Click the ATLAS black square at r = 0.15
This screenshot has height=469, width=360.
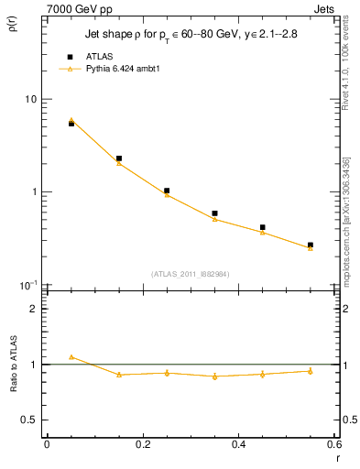tap(119, 158)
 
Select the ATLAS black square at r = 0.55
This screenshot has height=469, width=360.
tap(311, 245)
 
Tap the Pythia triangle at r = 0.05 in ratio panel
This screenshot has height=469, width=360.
tap(71, 357)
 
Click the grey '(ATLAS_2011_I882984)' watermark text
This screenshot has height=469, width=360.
tap(190, 274)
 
